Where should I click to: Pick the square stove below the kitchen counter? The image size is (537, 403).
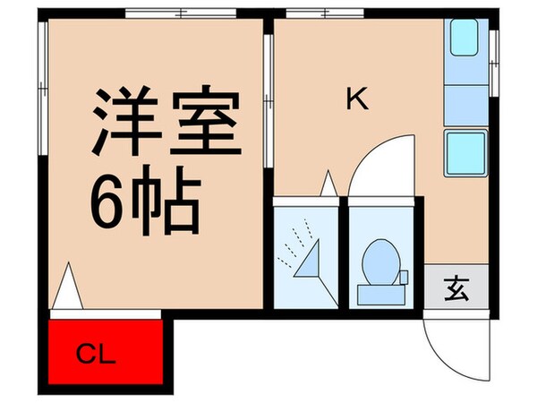coord(465,153)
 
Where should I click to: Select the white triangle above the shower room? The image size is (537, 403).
coord(328,184)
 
